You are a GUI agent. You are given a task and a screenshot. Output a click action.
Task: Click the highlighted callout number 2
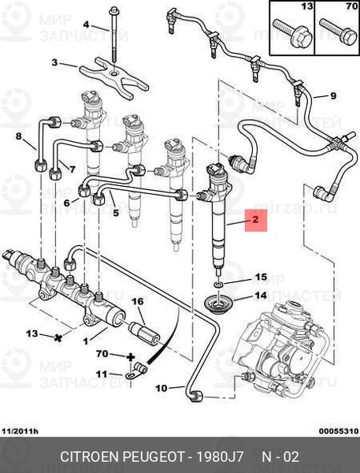pos(255,219)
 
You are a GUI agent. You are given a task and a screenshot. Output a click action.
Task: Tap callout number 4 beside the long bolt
pos(86,24)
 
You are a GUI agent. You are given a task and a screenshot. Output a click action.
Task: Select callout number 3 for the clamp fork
pos(54,63)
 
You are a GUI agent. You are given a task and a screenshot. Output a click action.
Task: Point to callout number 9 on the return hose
pos(333,96)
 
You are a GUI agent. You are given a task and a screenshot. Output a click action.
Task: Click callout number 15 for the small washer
pos(261,277)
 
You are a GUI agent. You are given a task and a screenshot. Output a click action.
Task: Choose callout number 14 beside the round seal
pos(261,295)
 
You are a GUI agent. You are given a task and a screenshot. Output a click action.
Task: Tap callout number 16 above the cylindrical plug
pos(137,301)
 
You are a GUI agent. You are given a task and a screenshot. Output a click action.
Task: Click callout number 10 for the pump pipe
pos(161,388)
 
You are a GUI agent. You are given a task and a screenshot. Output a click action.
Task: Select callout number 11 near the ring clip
pos(102,374)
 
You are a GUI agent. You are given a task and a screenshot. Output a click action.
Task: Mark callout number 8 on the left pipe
pos(19,136)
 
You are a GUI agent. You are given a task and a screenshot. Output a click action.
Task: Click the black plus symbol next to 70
pos(130,358)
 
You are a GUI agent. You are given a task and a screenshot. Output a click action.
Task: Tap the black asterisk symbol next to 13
pos(58,338)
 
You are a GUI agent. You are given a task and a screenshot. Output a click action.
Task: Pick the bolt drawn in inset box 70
pos(338,32)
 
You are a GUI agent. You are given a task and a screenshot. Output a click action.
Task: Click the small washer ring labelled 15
pos(218,284)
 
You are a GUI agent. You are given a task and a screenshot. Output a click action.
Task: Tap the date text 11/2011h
pos(20,431)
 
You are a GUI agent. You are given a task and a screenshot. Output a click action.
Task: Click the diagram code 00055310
pos(339,431)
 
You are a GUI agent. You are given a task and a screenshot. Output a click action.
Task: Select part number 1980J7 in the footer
pos(220,456)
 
